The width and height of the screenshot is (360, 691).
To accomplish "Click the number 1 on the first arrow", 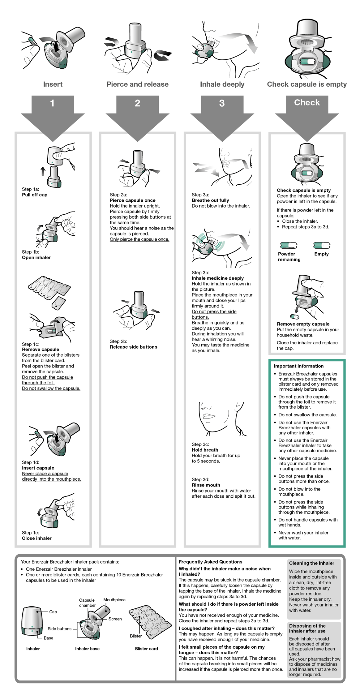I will tap(52, 103).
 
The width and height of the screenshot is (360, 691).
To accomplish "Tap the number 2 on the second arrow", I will tap(137, 103).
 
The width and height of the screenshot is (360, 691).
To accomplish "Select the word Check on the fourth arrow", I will tap(307, 102).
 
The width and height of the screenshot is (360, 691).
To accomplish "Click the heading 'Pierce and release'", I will tap(137, 84).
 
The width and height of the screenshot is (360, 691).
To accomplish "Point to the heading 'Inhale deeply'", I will tap(222, 84).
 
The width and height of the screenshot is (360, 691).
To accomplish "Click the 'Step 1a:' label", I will tap(30, 189).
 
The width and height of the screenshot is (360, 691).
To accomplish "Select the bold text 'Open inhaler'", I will tap(36, 257).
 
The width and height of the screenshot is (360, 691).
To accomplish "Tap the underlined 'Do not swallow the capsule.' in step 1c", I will tap(51, 388).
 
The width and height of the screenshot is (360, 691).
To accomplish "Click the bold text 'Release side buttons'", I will tap(133, 347).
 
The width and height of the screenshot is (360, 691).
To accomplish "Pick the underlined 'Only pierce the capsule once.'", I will tap(139, 239).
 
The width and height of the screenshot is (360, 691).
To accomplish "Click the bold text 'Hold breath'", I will tap(205, 450).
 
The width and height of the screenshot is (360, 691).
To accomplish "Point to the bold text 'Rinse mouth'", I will tap(206, 485).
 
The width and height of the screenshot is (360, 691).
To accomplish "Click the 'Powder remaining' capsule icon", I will tap(289, 246).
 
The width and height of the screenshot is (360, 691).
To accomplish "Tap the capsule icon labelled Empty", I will tap(322, 246).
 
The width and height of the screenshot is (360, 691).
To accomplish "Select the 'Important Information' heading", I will tap(298, 366).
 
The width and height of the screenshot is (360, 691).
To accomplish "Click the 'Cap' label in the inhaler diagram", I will tap(53, 612).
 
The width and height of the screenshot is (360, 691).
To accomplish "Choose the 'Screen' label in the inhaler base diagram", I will tap(115, 619).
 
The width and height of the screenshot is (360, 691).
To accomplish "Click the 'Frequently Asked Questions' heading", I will tap(210, 562).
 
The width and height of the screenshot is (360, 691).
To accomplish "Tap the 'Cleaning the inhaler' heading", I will tap(311, 563).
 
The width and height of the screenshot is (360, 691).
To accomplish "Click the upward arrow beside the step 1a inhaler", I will tap(43, 171).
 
